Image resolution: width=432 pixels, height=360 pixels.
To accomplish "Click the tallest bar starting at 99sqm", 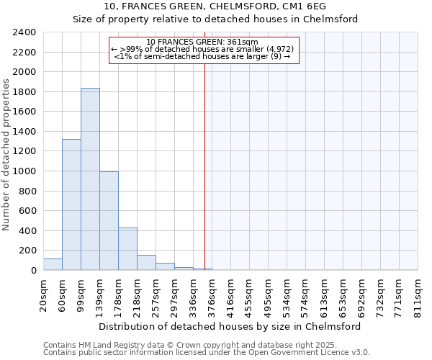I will [90, 179].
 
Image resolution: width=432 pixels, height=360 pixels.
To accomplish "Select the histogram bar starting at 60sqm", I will [71, 204].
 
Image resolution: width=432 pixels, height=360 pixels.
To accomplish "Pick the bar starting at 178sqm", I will [127, 249].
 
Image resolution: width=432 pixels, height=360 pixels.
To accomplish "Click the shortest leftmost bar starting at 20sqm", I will [53, 264].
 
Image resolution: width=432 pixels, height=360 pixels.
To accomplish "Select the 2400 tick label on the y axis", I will [24, 33].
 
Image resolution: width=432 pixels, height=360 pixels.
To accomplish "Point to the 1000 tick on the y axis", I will [24, 172].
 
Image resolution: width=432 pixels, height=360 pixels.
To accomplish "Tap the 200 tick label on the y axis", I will [27, 251].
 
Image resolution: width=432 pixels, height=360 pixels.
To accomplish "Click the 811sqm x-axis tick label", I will [418, 296].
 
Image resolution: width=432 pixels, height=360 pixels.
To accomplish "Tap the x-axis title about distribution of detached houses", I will [229, 326].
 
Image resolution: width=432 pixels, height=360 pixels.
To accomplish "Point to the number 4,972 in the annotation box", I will [278, 49].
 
